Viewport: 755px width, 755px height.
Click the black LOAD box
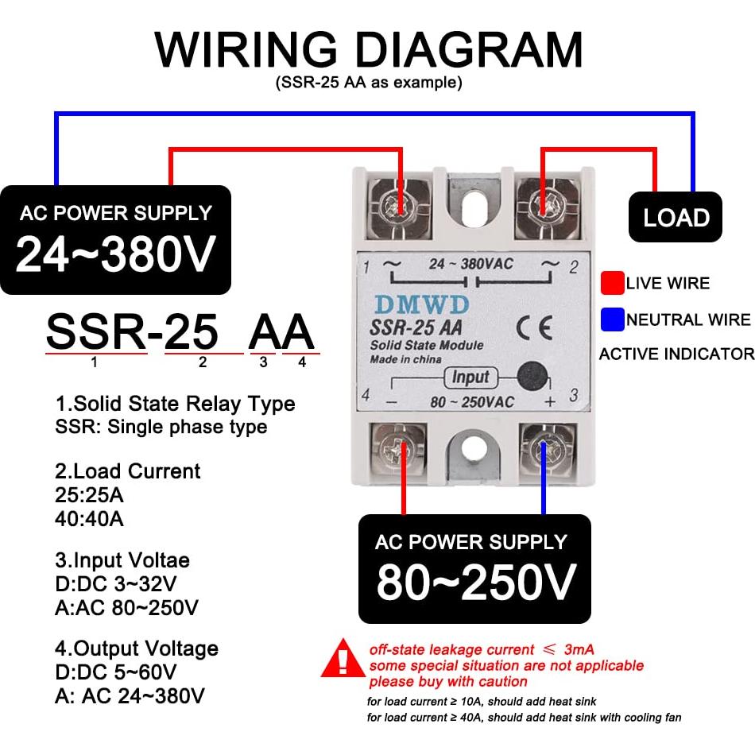(x=676, y=217)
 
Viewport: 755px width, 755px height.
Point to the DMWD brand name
(x=423, y=304)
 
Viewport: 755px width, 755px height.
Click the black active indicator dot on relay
(x=531, y=377)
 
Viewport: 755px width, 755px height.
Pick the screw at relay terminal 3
(x=544, y=452)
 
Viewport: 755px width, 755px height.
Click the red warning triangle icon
(x=343, y=659)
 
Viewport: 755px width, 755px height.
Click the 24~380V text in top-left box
(x=116, y=255)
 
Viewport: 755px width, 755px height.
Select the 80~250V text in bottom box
(x=475, y=583)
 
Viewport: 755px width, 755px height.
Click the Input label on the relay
(x=470, y=377)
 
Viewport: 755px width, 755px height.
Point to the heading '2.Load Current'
(x=128, y=471)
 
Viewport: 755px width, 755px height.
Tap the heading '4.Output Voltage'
(x=137, y=649)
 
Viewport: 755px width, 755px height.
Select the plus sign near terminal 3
(x=549, y=401)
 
